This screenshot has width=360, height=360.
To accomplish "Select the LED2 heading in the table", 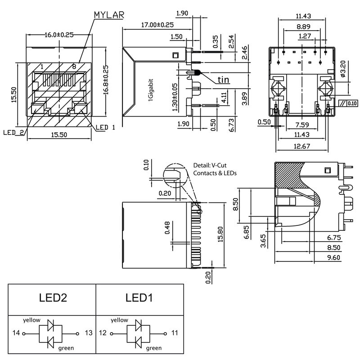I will coord(53,297).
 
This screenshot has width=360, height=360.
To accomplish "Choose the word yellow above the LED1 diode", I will coord(120,320).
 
